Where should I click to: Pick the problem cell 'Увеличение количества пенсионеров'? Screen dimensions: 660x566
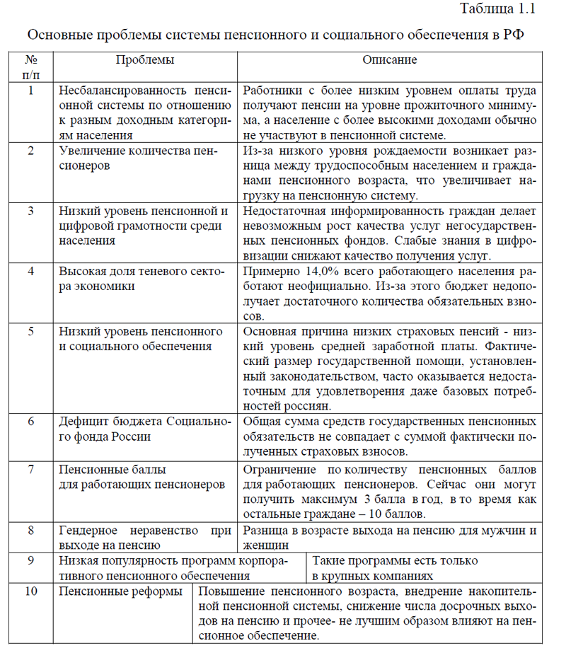click(139, 158)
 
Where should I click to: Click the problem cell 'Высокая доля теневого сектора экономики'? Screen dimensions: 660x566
click(141, 279)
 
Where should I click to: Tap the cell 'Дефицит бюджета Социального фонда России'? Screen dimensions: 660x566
click(145, 429)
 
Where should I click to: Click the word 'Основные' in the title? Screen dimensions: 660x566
click(53, 34)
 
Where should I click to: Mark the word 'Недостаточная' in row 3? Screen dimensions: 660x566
click(280, 211)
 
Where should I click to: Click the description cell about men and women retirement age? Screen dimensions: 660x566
click(390, 537)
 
